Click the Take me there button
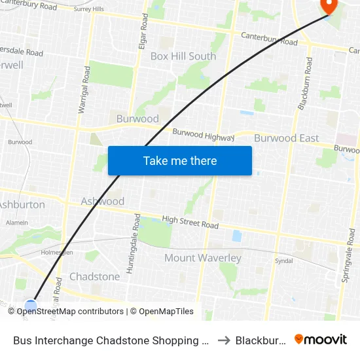point(180,160)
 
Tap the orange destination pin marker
point(327,5)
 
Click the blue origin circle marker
point(31,305)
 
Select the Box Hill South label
point(183,56)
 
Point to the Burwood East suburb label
point(287,138)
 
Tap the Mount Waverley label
point(203,258)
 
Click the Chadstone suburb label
point(95,276)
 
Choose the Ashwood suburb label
point(103,201)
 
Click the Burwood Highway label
point(203,135)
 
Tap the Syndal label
point(284,260)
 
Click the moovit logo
point(321,340)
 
